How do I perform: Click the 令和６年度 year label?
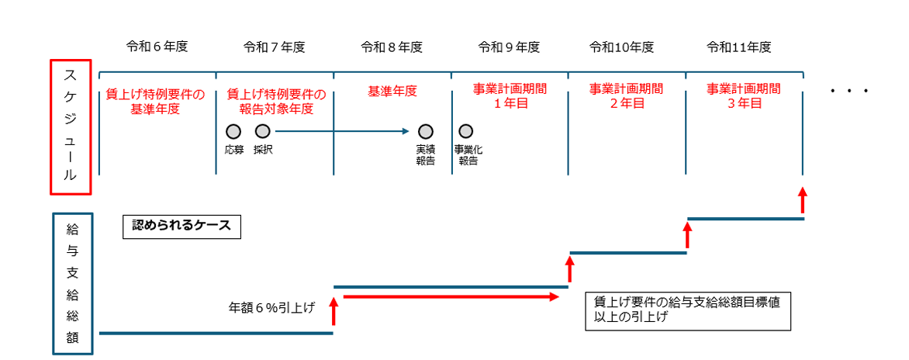coord(157,47)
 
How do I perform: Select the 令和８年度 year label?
coord(392,47)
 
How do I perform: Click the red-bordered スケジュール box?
coord(71,126)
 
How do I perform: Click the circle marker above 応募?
coord(233,132)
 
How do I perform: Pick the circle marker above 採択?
coord(263,132)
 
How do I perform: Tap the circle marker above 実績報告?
coord(425,132)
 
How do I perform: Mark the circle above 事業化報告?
coord(466,132)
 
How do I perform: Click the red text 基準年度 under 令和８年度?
coord(392,92)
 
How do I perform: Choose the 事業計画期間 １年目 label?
coord(509,96)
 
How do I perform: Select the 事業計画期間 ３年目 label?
coord(743,96)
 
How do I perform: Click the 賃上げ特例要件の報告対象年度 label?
coord(275,102)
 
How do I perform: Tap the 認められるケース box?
coord(181,227)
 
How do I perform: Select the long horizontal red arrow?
coord(451,296)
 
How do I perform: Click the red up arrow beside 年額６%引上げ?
coord(334,312)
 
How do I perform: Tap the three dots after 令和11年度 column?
coord(850,92)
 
